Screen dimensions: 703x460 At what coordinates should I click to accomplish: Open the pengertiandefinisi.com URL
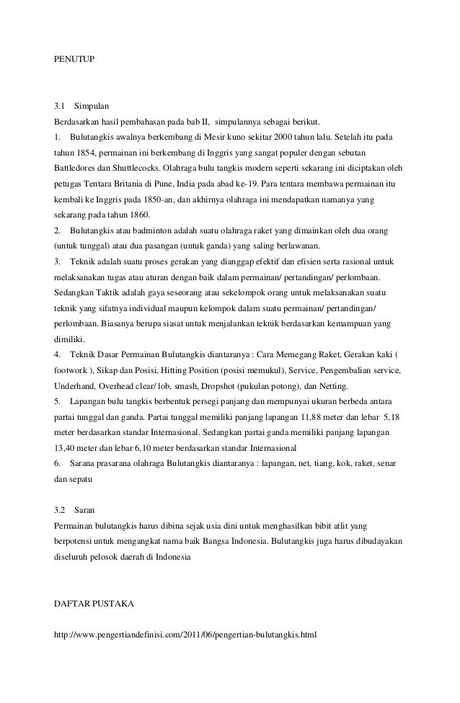[x=186, y=635]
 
